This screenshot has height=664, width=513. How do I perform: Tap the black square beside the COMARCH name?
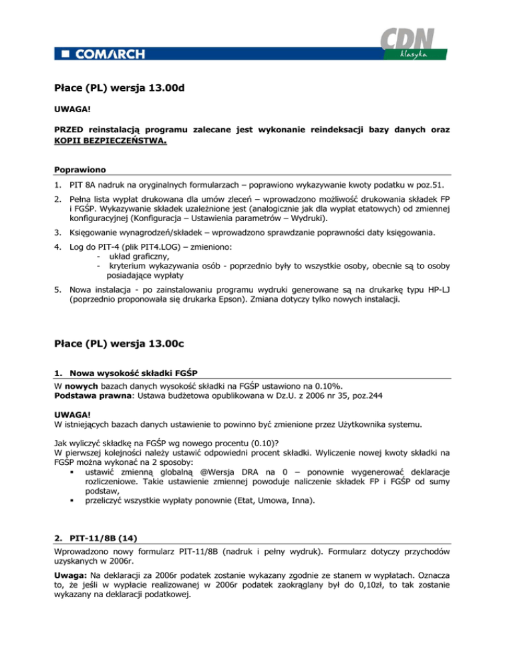click(x=64, y=53)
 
